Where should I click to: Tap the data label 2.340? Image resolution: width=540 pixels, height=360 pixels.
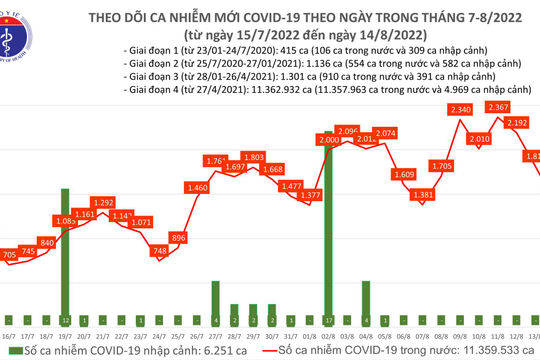point(462,110)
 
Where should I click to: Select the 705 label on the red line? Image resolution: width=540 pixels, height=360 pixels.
point(7,256)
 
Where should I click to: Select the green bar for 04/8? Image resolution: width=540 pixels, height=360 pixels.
point(365,301)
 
